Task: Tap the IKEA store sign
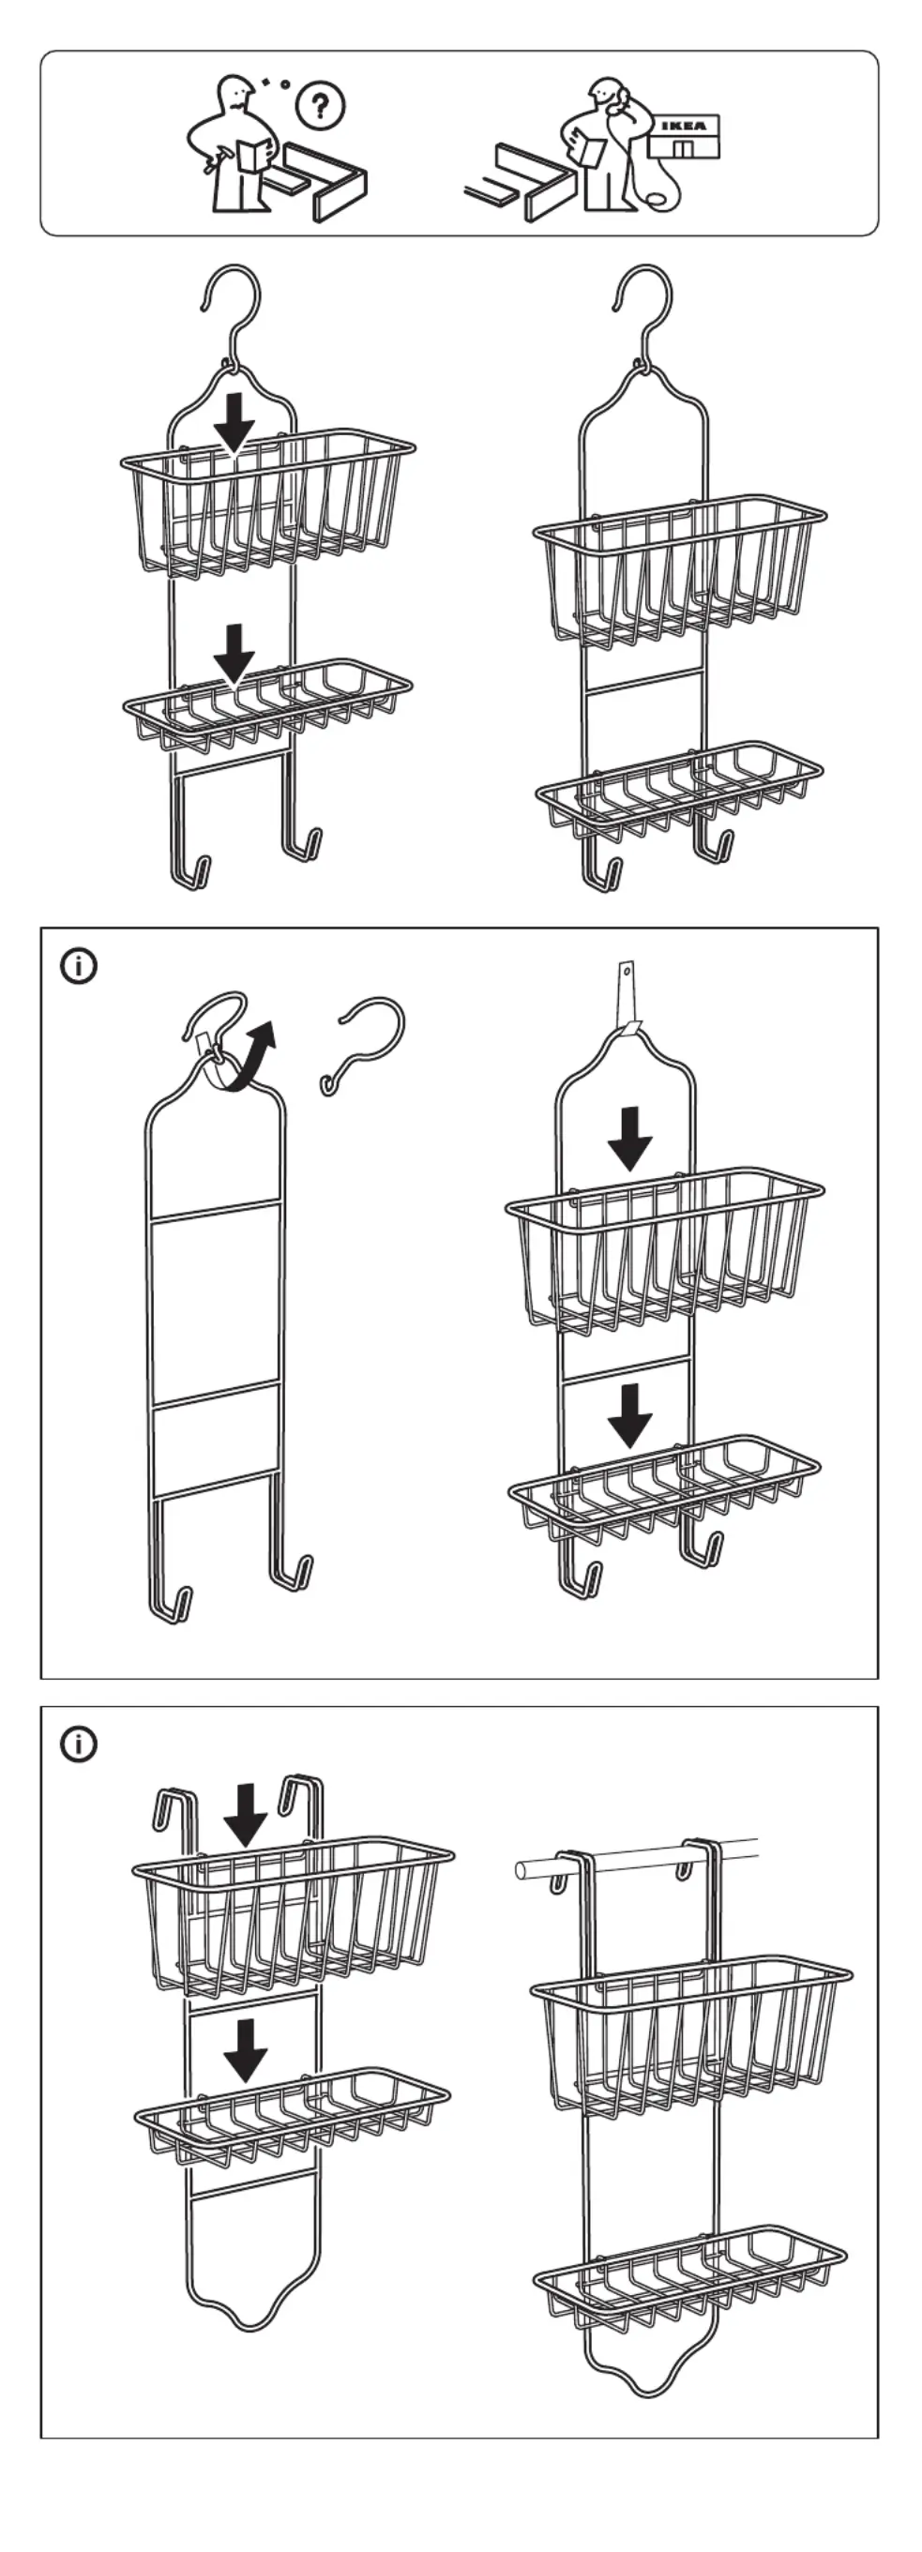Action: [x=684, y=126]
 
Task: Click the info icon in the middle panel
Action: [x=79, y=965]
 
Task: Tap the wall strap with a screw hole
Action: [x=627, y=996]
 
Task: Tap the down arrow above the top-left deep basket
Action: [x=234, y=421]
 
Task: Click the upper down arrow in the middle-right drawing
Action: [x=630, y=1138]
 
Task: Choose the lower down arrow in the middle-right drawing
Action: [x=630, y=1413]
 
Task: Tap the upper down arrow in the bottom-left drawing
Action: [x=245, y=1814]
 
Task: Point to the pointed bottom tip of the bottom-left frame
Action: [x=248, y=2323]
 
